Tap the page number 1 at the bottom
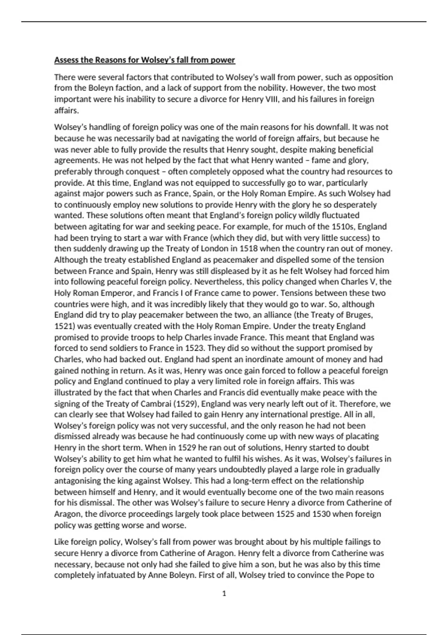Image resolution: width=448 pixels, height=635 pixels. click(224, 593)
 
